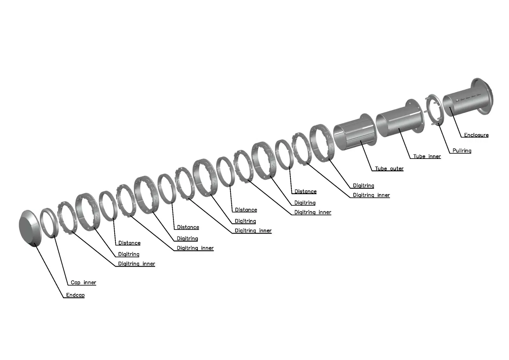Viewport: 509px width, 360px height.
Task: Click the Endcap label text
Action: [75, 295]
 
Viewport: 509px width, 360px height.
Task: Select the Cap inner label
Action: [83, 282]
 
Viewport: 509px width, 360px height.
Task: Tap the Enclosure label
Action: [476, 135]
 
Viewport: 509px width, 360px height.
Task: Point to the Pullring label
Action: [462, 151]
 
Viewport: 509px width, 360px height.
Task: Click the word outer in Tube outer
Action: [396, 169]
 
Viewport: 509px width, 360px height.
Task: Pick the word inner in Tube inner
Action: [434, 156]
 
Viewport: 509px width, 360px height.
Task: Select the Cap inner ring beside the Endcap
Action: [50, 222]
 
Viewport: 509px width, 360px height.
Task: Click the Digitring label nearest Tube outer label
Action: [363, 186]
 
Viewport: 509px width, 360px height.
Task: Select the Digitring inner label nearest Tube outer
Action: [371, 195]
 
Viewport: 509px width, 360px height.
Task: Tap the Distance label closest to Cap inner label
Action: [129, 243]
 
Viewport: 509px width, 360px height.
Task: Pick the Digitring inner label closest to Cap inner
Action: [136, 264]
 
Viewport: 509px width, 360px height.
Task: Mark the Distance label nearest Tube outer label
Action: [305, 191]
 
